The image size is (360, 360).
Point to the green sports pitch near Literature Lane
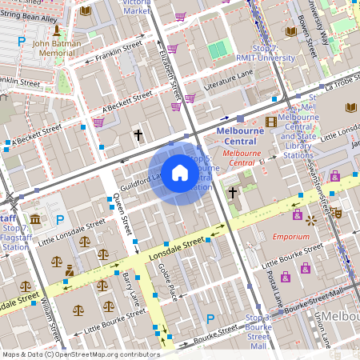218,50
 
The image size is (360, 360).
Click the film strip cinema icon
271,122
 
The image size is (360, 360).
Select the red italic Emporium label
290,237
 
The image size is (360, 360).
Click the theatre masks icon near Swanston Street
338,214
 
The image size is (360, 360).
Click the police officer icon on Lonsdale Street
70,270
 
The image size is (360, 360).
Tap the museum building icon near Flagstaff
35,219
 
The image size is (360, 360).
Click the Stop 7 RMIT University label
255,52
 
